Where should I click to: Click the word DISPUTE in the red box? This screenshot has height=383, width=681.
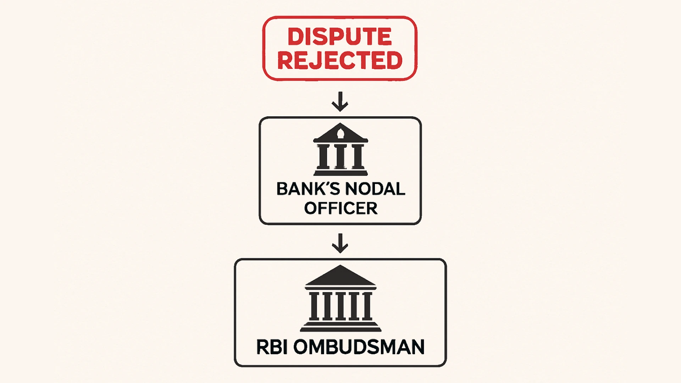tap(339, 36)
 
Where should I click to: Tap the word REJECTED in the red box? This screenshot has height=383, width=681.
tap(339, 60)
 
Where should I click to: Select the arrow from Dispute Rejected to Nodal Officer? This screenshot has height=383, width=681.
tap(340, 102)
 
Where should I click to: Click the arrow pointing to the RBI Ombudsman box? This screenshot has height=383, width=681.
tap(340, 243)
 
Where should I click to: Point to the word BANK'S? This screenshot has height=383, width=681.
tap(304, 189)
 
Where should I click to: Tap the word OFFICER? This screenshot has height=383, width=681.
tap(340, 208)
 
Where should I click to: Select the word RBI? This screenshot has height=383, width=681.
tap(271, 347)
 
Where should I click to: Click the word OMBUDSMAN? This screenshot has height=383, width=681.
tap(359, 347)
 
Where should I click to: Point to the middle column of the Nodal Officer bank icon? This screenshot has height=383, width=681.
tap(340, 156)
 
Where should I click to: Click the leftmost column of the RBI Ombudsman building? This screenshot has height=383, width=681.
tap(314, 306)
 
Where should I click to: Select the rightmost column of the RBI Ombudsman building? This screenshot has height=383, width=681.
tap(367, 306)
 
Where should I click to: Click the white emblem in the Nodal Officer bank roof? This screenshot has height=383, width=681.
tap(340, 134)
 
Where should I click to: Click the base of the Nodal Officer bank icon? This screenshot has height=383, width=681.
tap(340, 173)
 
